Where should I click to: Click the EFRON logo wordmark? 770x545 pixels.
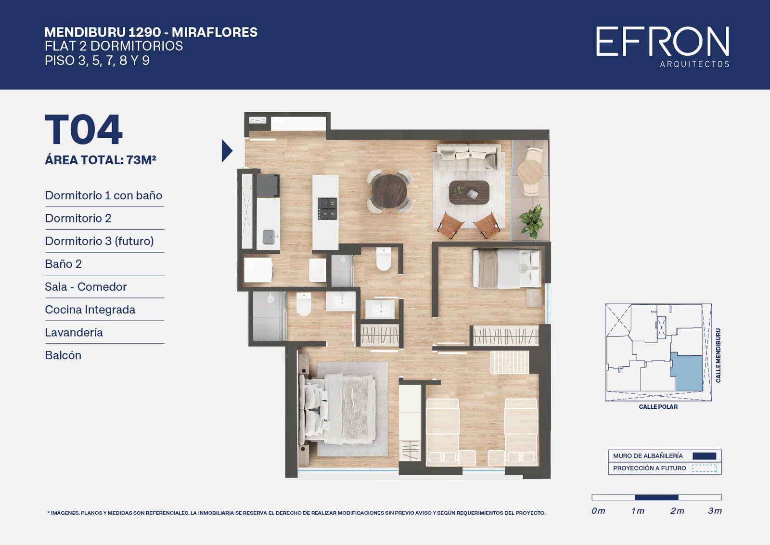662,41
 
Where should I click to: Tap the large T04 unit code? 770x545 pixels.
84,130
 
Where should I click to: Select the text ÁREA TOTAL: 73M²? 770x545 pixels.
101,160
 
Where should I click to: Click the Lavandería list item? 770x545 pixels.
74,333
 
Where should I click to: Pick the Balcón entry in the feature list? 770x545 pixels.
63,355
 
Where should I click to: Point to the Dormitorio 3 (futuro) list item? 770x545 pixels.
99,241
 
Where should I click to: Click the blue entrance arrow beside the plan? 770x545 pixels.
227,151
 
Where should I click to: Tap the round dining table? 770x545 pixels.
389,191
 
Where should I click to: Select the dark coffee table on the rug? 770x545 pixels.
469,192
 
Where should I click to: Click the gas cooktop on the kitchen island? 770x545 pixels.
327,208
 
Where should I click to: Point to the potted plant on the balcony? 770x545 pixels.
531,221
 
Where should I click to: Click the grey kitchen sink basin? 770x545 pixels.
269,236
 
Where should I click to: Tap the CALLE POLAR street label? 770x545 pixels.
658,407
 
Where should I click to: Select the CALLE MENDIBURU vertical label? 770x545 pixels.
718,355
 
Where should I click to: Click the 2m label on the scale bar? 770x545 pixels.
677,511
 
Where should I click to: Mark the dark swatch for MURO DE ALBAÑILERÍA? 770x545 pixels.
705,456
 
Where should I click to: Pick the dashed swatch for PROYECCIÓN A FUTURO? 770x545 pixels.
705,468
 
